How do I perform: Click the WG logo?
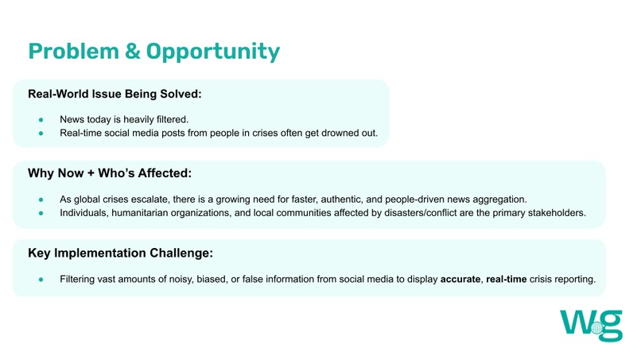[591, 324]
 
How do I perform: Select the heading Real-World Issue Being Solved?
[115, 94]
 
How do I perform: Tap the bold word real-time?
[510, 280]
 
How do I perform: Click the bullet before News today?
[41, 118]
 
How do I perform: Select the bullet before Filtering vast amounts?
[41, 280]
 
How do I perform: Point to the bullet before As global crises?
[41, 199]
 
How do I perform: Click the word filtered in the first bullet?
[169, 118]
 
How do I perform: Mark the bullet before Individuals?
[41, 213]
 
